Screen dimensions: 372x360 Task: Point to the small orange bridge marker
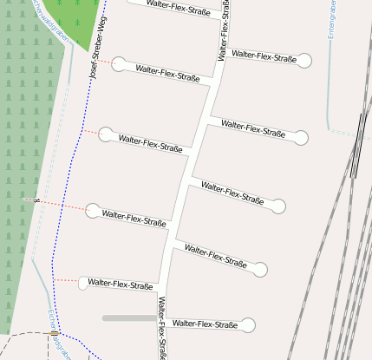[x=54, y=333]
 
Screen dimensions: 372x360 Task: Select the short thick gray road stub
[x=129, y=318]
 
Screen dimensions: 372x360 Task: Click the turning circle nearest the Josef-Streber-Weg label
[x=120, y=63]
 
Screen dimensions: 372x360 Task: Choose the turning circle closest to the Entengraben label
[x=305, y=60]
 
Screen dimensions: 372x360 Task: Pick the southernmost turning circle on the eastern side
[x=248, y=325]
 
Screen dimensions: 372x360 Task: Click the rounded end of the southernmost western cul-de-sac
[x=84, y=283]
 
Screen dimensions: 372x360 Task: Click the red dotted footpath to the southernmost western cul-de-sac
[x=66, y=280]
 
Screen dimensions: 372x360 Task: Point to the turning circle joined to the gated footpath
[x=93, y=209]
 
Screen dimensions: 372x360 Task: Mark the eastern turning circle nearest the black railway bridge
[x=301, y=137]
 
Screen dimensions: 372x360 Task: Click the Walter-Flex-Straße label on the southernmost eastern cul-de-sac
[x=206, y=324]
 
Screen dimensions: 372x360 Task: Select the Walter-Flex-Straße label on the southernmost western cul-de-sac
[x=121, y=284]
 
